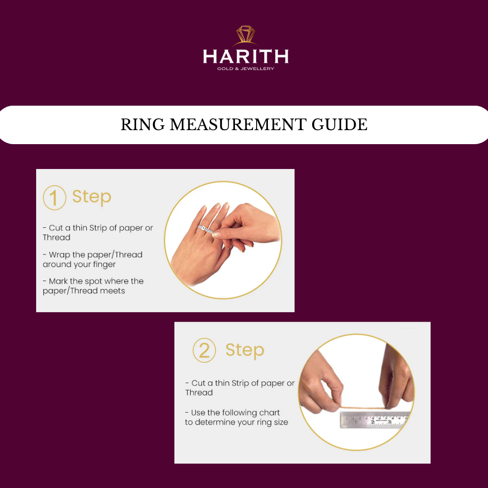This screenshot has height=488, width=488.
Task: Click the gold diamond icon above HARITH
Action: (245, 35)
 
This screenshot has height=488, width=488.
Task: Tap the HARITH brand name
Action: (245, 56)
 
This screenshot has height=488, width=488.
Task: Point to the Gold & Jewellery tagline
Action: (245, 69)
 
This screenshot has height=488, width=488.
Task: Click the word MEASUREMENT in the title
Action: (238, 125)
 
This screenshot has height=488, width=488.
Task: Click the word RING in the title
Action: (142, 125)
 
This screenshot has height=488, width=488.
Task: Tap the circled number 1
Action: (55, 197)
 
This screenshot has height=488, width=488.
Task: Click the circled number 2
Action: (204, 350)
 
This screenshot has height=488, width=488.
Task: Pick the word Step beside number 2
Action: (245, 351)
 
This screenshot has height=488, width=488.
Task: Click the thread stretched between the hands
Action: (362, 408)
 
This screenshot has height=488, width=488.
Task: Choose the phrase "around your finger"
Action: (79, 264)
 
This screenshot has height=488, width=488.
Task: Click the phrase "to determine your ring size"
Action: (236, 422)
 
